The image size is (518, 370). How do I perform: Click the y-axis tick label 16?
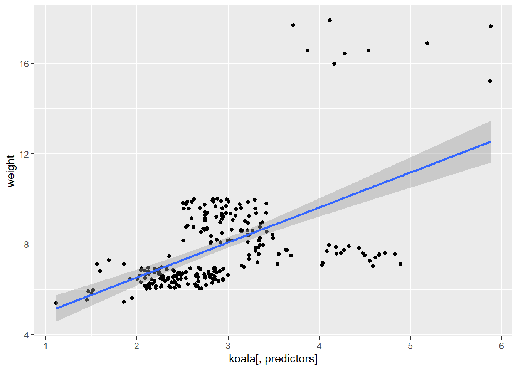point(24,64)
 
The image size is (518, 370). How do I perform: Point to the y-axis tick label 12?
point(24,154)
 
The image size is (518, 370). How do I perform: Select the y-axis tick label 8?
point(27,244)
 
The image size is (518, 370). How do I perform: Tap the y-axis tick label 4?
point(27,335)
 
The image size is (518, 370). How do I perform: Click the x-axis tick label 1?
point(46,346)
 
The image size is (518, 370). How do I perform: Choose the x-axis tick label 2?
point(137,346)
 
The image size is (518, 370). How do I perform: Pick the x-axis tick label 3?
point(228,346)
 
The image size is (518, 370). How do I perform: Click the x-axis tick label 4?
point(319,346)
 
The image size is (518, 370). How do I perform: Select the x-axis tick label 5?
point(410,346)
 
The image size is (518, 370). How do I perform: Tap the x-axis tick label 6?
point(501,346)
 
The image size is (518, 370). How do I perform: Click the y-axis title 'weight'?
point(11,171)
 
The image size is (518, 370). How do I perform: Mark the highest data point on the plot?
point(330,20)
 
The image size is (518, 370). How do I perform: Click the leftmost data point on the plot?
point(56,303)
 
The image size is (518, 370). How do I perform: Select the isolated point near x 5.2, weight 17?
point(427,43)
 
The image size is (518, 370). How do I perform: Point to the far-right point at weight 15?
point(490,81)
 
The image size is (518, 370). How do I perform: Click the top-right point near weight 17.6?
point(491,26)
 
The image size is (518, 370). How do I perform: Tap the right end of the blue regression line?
point(490,142)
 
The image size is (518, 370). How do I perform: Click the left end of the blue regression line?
point(56,308)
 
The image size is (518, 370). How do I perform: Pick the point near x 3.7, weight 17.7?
point(293,25)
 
